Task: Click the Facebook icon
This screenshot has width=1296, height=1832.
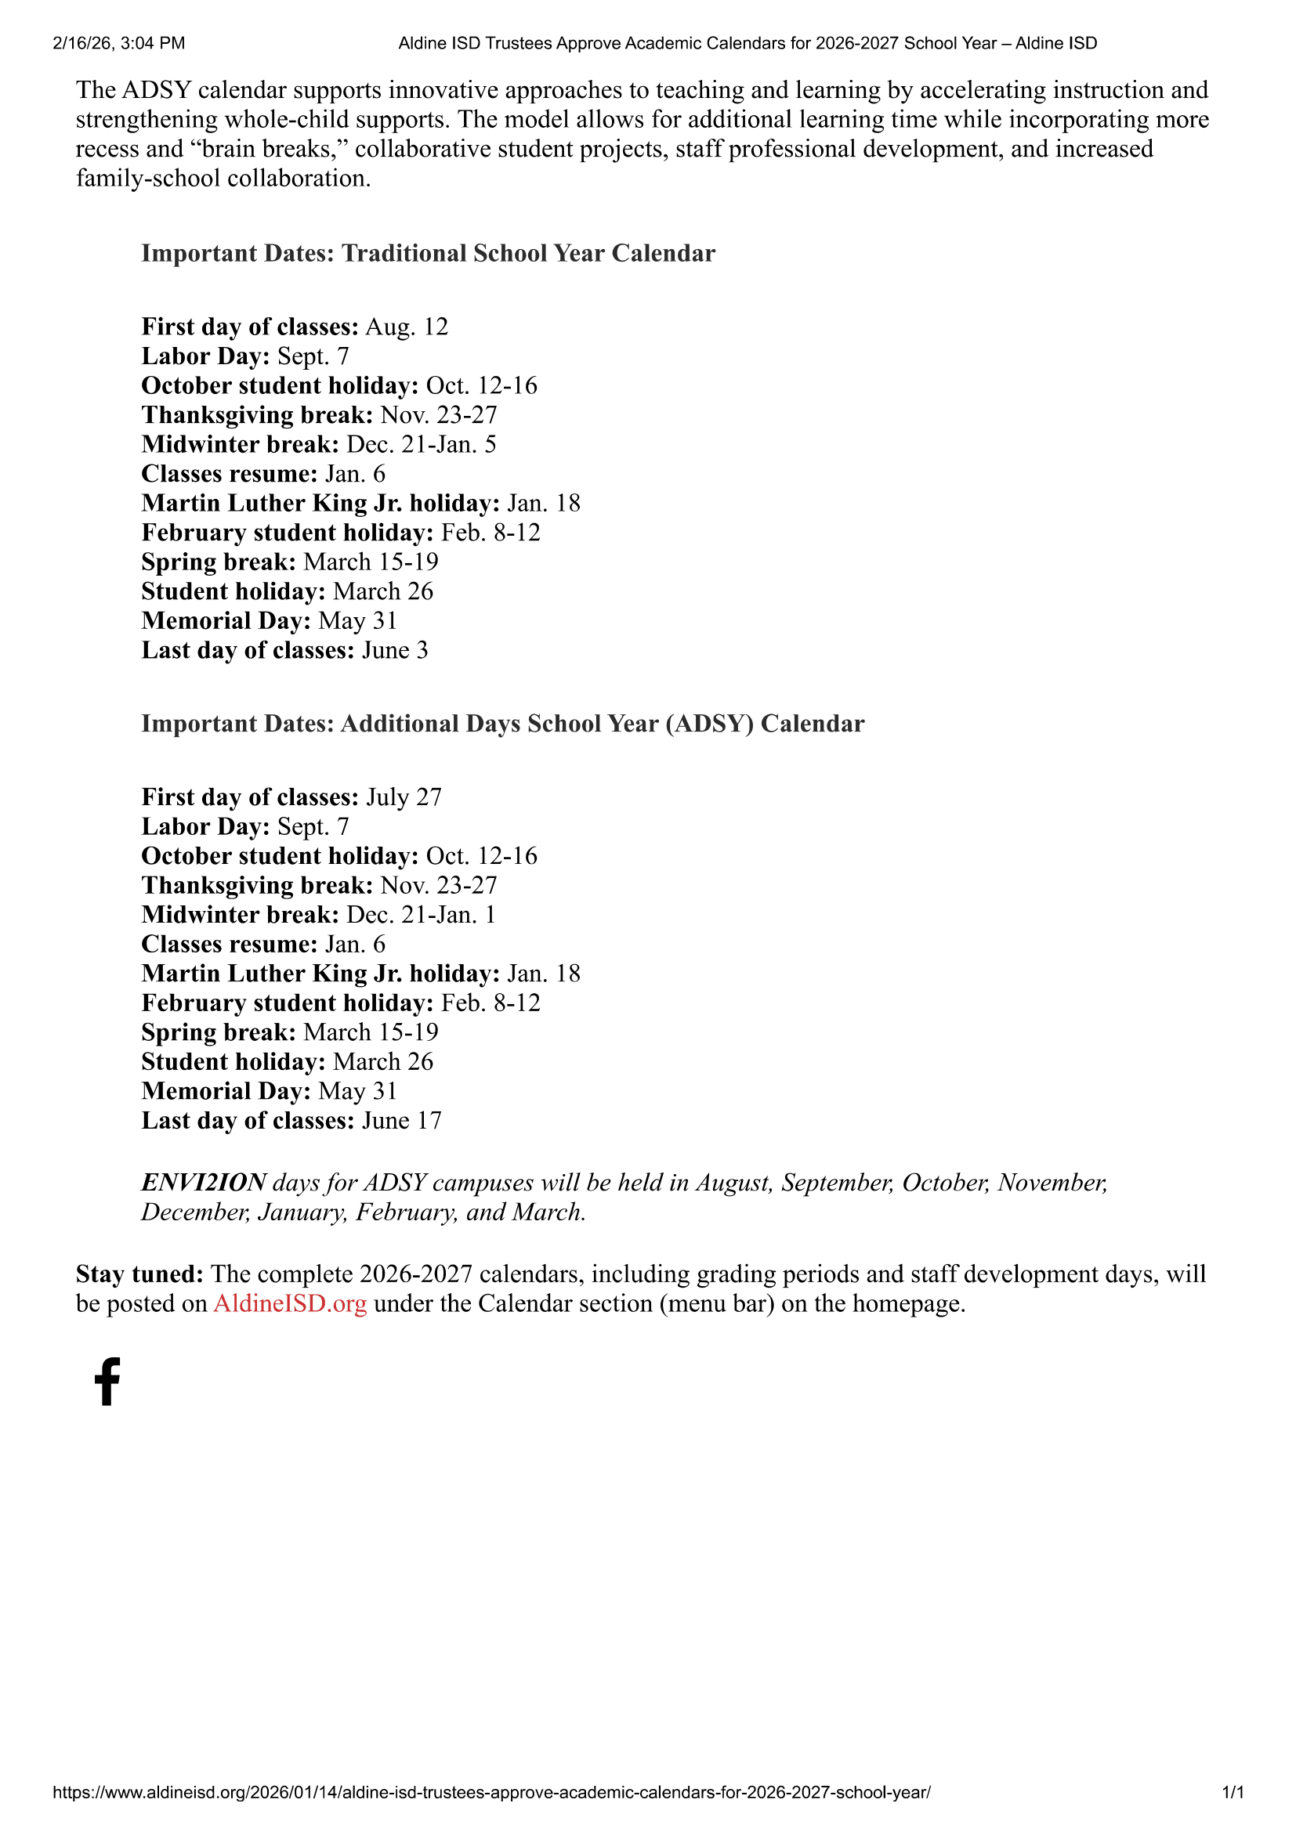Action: (x=107, y=1381)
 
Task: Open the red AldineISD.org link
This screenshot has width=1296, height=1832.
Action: (x=290, y=1303)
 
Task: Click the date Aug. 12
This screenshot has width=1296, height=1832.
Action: (x=407, y=327)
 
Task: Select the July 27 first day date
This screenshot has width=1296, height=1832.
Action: (x=404, y=797)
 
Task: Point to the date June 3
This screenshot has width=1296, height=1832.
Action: (x=395, y=650)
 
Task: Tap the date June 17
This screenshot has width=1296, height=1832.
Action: (x=401, y=1121)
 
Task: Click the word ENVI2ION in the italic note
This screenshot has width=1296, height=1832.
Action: (x=204, y=1183)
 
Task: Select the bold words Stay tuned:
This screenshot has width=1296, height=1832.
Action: (x=139, y=1274)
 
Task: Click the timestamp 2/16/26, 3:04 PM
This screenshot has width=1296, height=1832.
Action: (x=119, y=43)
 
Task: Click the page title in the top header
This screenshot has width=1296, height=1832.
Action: (x=748, y=43)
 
